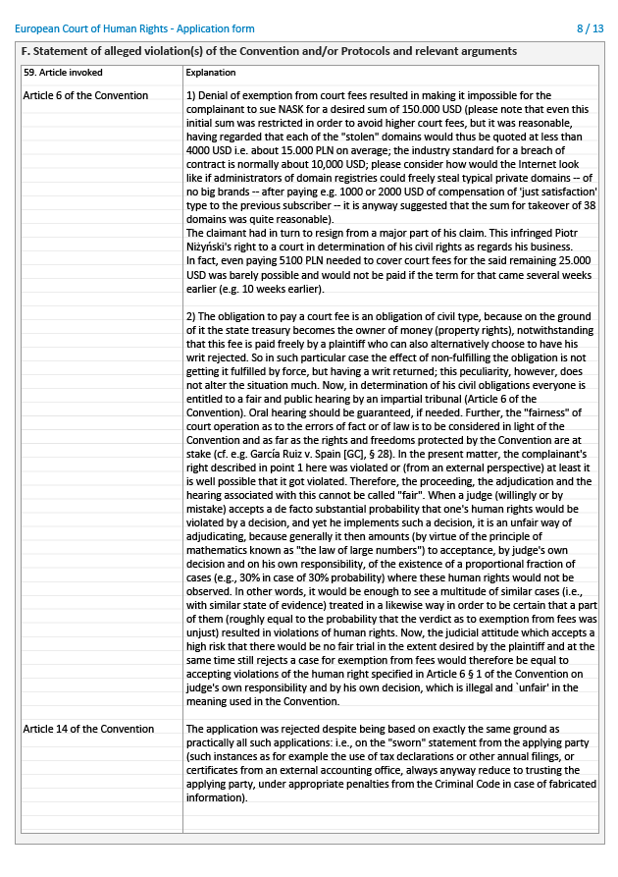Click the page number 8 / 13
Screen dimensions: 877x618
[x=591, y=28]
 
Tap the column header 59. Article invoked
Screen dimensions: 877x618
[x=64, y=73]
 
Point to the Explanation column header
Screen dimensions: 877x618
[x=211, y=73]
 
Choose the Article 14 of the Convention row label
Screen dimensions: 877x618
[x=88, y=729]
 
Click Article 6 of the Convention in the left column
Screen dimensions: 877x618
[x=85, y=95]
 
